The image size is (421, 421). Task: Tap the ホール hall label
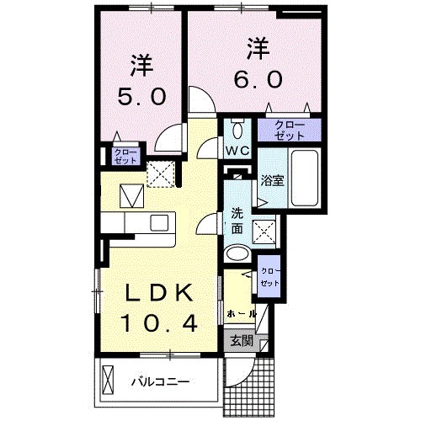(x=241, y=312)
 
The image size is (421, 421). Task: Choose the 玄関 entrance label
(x=241, y=341)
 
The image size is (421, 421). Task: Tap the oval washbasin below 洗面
(x=238, y=253)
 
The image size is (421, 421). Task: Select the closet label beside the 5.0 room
(x=113, y=156)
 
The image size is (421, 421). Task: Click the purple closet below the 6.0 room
(x=288, y=130)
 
